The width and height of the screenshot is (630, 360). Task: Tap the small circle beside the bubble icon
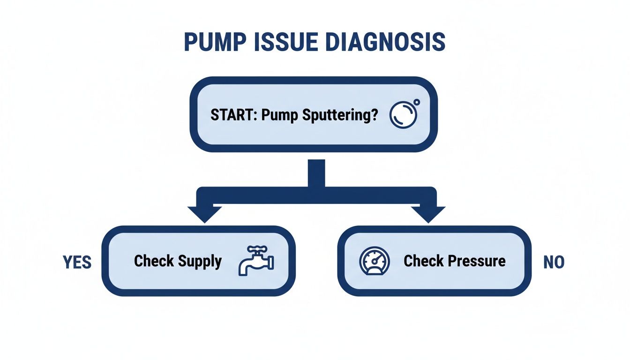417,102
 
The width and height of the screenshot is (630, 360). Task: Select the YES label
77,262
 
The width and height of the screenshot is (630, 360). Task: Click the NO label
554,262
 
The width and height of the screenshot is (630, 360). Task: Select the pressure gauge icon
374,261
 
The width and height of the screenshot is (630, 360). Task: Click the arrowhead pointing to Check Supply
204,214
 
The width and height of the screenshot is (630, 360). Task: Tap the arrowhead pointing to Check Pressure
428,214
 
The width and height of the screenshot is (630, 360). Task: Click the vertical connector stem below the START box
316,173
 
